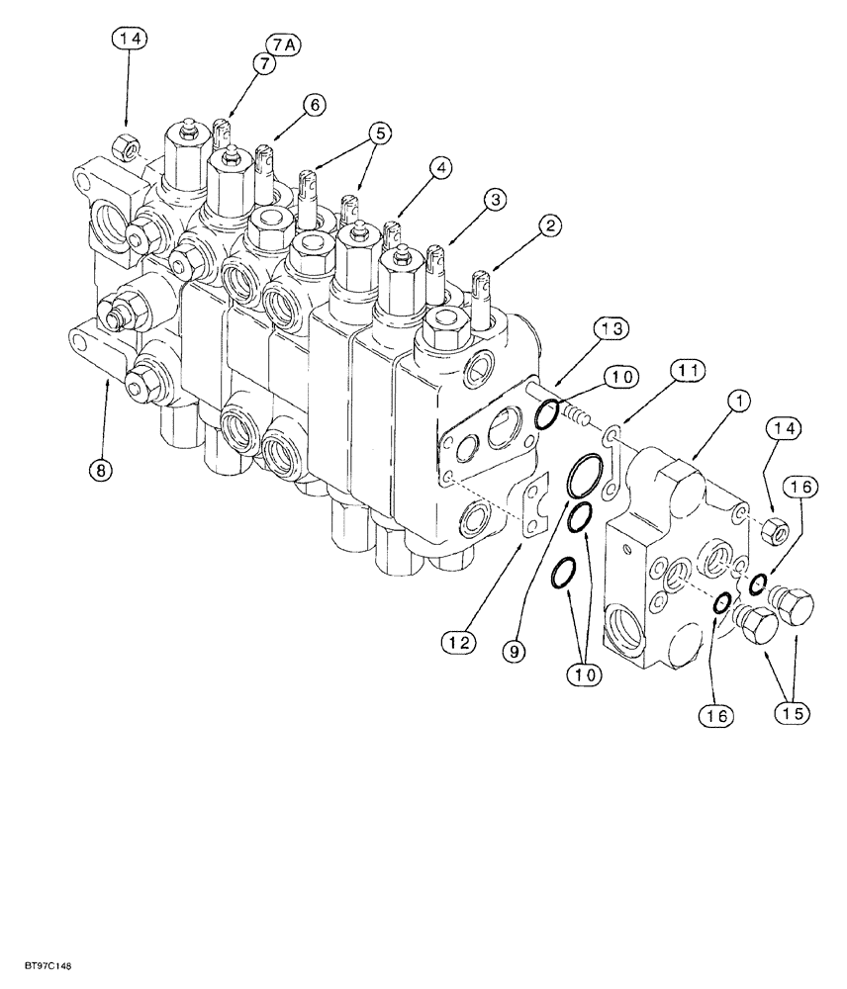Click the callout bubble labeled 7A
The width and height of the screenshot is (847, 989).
[281, 45]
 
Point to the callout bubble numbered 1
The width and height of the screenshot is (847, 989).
[738, 402]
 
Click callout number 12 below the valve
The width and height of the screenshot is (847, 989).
[460, 642]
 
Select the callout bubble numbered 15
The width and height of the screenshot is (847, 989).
[795, 712]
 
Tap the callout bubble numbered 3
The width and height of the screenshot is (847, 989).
[496, 200]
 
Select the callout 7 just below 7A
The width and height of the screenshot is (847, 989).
[265, 64]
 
